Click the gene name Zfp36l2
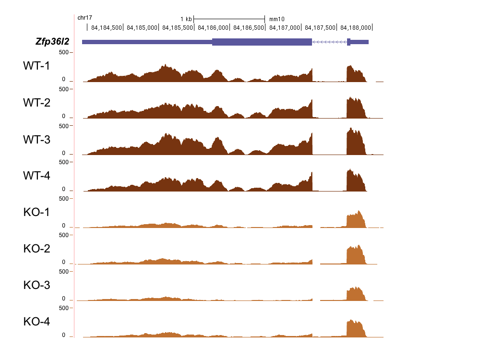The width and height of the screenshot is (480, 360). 52,42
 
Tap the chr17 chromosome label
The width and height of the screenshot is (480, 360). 85,18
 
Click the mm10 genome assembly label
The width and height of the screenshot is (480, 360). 277,19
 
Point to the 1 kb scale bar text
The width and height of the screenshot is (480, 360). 186,19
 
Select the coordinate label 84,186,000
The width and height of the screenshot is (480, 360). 212,28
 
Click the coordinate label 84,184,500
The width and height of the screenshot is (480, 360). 106,28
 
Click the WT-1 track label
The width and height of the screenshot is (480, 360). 36,66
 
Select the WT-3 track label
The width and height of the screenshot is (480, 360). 36,140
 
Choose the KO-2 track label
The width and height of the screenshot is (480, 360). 36,249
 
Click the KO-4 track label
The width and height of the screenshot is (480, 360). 36,322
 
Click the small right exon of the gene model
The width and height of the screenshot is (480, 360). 348,42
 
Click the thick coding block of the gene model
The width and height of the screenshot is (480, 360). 262,42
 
